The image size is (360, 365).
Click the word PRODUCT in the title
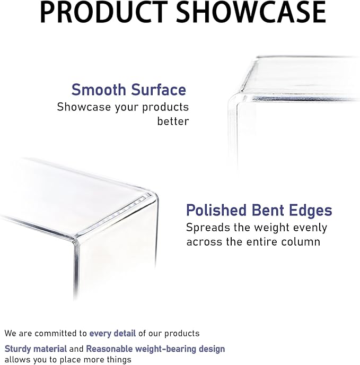click(104, 12)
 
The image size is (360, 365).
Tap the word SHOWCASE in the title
click(251, 12)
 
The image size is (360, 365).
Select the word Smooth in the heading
click(99, 90)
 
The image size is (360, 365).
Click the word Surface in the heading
click(159, 90)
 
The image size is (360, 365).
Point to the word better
click(173, 121)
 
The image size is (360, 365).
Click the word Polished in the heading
click(216, 210)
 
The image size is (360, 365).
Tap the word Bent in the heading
click(268, 210)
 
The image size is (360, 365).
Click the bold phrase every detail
click(112, 334)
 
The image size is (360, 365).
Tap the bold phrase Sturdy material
click(36, 349)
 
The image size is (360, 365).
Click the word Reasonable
click(109, 349)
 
